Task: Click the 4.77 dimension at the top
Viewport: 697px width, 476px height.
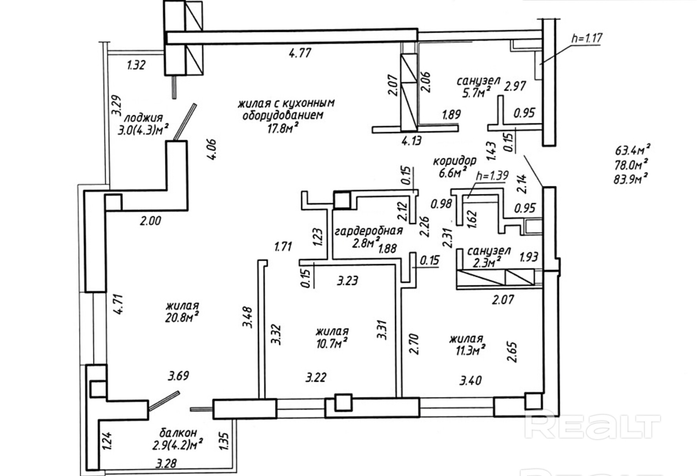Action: [x=300, y=53]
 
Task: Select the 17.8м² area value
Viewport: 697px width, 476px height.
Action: [x=283, y=128]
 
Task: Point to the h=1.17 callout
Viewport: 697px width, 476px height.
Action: [x=587, y=38]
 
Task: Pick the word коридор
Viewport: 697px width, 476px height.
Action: [x=454, y=161]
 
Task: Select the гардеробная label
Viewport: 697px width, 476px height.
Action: [x=369, y=231]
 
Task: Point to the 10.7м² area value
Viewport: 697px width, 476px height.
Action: [x=332, y=343]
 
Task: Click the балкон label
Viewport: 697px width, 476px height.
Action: [x=178, y=433]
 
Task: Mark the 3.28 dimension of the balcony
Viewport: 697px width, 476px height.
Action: [x=166, y=464]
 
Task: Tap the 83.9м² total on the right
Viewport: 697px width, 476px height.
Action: [x=630, y=179]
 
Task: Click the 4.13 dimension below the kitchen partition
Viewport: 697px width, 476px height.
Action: [x=411, y=140]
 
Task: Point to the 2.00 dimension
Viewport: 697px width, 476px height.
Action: [x=151, y=221]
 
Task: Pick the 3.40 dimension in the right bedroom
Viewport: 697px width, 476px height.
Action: [x=470, y=380]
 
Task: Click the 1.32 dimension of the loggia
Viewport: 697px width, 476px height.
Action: [x=136, y=65]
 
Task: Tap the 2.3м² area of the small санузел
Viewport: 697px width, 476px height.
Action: [x=487, y=262]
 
